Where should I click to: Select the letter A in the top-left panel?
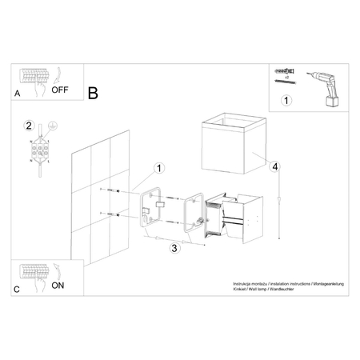18,94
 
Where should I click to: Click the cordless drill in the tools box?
325,85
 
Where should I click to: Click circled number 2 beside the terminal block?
29,126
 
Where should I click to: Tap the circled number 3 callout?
174,248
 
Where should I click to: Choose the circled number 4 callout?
274,166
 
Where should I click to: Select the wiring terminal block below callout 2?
38,150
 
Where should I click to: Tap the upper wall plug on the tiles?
113,190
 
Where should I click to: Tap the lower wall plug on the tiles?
113,214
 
